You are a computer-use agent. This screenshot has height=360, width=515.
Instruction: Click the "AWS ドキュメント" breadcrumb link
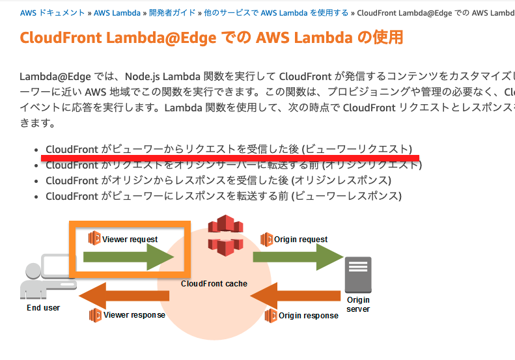[52, 12]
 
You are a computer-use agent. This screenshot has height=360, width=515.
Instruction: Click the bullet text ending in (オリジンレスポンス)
[218, 180]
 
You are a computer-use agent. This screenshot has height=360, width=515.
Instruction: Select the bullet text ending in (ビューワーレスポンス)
[223, 196]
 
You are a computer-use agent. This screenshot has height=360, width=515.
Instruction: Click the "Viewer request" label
[130, 239]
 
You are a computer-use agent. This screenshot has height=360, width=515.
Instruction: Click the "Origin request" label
[301, 239]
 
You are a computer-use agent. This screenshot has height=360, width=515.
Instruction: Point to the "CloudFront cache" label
[214, 284]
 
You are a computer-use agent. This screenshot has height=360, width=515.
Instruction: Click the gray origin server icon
[357, 274]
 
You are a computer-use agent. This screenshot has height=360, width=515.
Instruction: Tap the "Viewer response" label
[134, 315]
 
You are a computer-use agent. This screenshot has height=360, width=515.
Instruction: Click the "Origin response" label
[309, 316]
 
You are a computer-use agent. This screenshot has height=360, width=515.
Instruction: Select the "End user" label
[44, 308]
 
